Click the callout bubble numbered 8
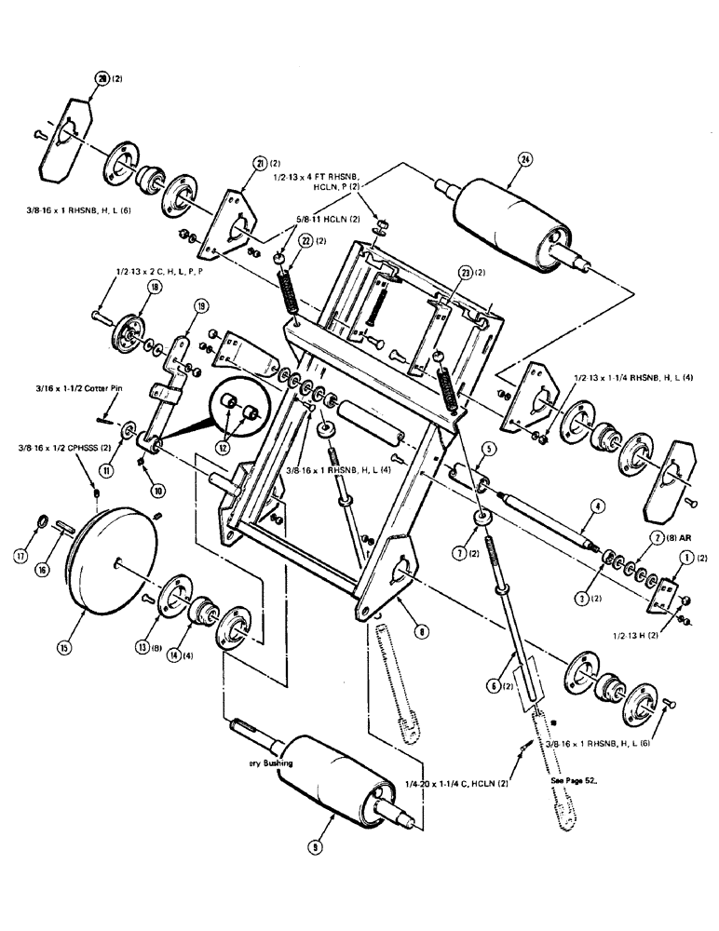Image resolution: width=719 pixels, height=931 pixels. coord(423,631)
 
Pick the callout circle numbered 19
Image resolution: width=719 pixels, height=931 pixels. coord(199,305)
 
